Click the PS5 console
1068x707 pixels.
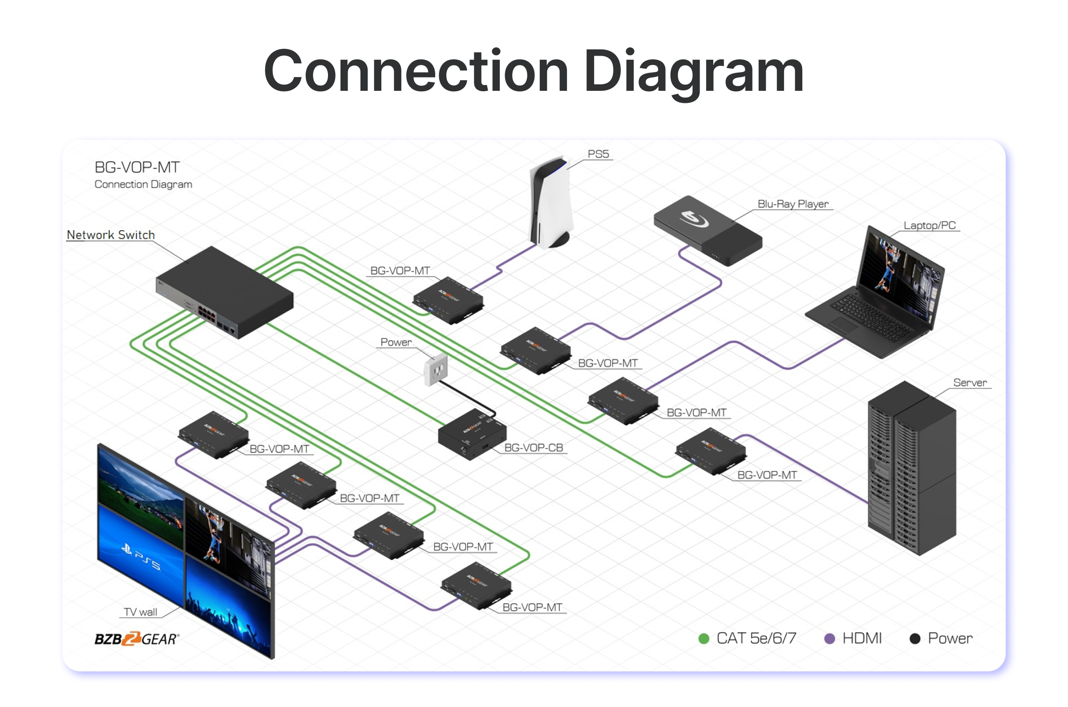(550, 203)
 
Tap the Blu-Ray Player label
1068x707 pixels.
(793, 204)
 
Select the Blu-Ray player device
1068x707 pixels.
(708, 230)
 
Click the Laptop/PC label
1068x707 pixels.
(929, 225)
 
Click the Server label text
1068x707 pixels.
(969, 383)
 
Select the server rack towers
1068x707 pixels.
(911, 469)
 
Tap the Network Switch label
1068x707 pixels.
(111, 235)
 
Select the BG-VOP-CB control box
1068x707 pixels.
(471, 435)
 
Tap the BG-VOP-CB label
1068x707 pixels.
(533, 448)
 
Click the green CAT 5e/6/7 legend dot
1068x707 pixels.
(704, 638)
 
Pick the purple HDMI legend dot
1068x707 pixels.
(829, 638)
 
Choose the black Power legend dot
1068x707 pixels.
(914, 638)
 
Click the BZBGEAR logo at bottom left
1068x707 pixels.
(137, 638)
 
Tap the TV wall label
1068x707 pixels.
(140, 612)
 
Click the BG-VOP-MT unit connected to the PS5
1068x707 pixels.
(448, 300)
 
